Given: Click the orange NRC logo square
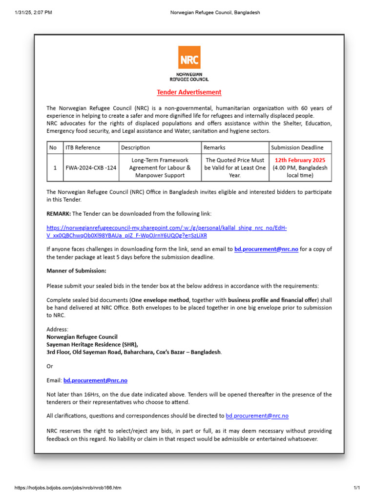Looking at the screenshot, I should point(189,57).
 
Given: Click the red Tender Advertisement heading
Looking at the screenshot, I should point(189,92).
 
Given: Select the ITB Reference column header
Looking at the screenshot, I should point(83,147).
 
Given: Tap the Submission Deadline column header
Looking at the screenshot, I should point(297,147).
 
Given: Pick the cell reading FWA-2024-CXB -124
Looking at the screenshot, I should point(91,167).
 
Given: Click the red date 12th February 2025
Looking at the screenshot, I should point(300,160).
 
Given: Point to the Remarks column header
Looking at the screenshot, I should point(214,147).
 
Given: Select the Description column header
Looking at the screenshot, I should point(135,147).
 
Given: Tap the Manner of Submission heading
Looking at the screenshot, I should point(76,271).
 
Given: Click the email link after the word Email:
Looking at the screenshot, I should point(95,380).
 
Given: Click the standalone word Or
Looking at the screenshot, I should point(50,366).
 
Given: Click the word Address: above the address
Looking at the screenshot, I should point(58,330).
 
